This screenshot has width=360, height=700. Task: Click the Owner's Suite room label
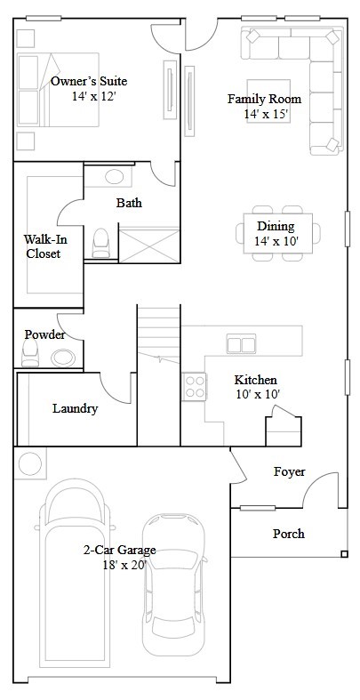click(89, 81)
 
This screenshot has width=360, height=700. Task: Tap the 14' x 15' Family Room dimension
click(267, 114)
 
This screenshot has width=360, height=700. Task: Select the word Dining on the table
click(276, 226)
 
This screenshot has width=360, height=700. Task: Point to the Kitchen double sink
click(241, 343)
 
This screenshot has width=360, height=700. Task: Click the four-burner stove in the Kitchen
click(195, 387)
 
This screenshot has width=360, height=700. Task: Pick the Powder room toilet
click(30, 353)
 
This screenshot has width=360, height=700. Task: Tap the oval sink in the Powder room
click(63, 358)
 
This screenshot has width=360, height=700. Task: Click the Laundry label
click(75, 408)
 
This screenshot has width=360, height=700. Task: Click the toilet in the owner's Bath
click(100, 244)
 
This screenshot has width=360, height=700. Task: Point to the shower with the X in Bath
click(149, 245)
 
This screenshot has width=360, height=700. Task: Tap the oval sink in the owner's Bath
click(114, 177)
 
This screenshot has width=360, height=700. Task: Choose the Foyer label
click(290, 472)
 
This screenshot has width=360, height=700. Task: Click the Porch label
click(289, 534)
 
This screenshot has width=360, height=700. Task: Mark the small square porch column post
click(344, 554)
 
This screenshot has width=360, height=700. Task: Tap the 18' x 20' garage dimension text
click(125, 565)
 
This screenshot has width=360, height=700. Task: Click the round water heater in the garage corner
click(30, 463)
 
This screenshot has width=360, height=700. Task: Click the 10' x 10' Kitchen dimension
click(258, 394)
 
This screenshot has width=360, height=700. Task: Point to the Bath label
click(129, 203)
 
